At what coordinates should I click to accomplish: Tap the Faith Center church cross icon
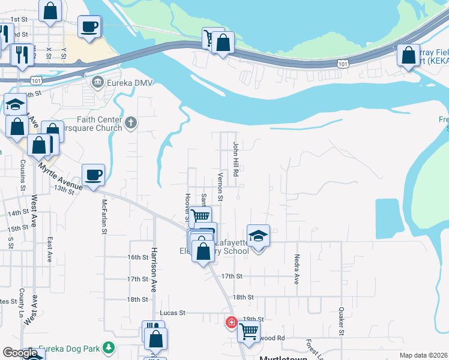131,124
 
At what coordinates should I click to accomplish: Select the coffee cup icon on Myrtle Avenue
93,175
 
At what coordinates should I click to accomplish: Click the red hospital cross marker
231,323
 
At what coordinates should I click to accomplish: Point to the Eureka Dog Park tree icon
108,347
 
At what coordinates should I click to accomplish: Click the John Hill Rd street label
236,159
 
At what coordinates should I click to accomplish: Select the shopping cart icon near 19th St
248,330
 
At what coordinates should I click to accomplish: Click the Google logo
20,353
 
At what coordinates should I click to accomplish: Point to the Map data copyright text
423,355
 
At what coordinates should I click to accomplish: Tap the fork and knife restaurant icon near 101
23,54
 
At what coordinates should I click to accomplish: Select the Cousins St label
22,183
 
